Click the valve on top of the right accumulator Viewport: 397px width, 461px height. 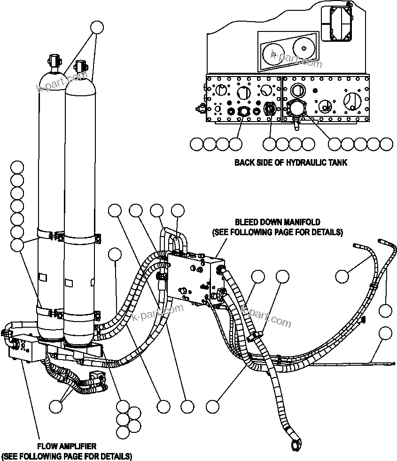81,65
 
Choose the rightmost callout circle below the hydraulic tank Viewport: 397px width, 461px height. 386,144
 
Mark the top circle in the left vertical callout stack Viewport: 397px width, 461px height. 17,167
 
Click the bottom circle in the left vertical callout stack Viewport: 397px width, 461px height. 17,244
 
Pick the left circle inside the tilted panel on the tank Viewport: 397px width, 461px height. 274,53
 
